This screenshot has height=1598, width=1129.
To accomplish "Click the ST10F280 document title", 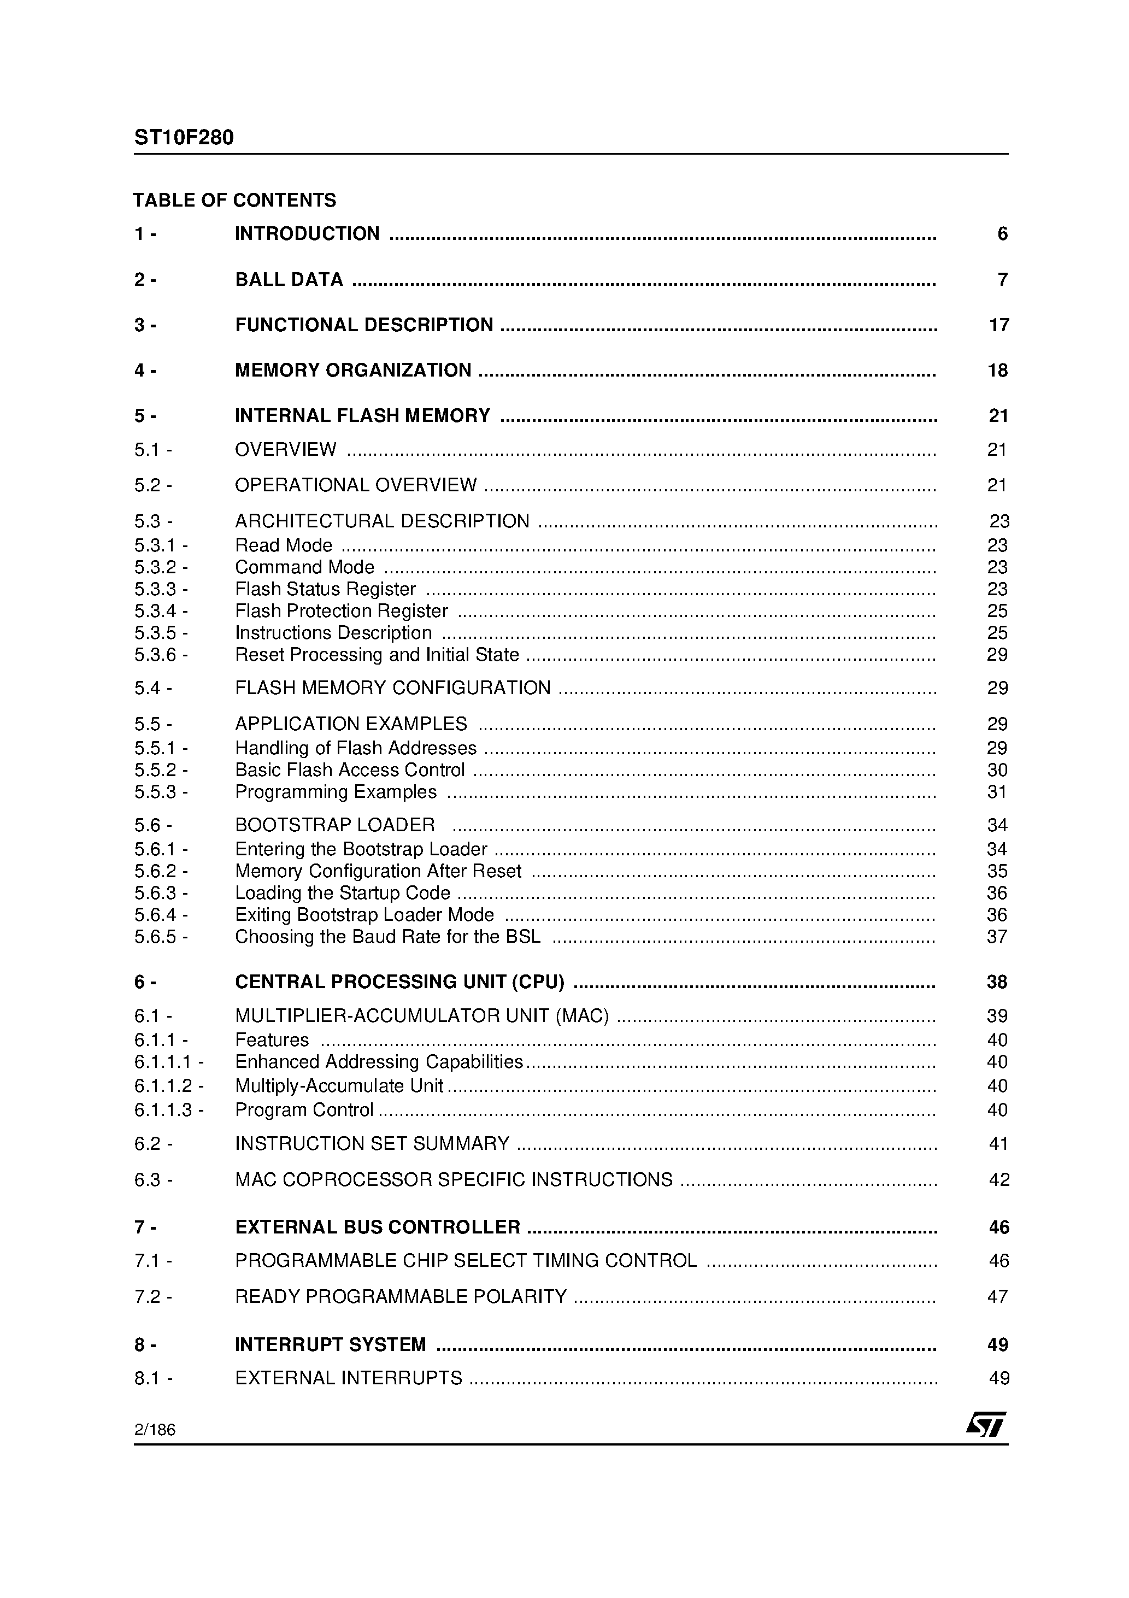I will click(x=184, y=138).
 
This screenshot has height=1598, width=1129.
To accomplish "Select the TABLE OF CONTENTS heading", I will click(x=234, y=201).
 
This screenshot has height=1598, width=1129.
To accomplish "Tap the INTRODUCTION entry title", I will click(x=307, y=234).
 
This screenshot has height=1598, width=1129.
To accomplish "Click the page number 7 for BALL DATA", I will click(x=1002, y=280).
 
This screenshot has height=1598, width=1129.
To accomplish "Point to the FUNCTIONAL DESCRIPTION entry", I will click(x=364, y=325).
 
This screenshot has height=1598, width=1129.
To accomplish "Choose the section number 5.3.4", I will click(x=160, y=611).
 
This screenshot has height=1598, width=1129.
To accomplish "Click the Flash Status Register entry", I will click(x=325, y=590).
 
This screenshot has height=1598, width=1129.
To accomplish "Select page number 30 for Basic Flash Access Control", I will click(x=997, y=770).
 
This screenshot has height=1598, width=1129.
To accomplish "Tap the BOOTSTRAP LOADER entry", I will click(x=335, y=825).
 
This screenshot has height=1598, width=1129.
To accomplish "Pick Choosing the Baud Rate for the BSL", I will click(x=387, y=937).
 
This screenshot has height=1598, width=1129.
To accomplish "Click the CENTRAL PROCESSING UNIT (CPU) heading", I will click(x=399, y=982).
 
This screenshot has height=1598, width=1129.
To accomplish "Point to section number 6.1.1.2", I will click(x=168, y=1086).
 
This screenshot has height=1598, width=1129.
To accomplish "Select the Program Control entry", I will click(x=304, y=1109).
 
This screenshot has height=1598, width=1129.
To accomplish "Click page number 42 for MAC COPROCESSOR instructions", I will click(x=999, y=1180).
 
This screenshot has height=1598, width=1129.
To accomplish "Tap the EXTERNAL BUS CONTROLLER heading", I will click(x=377, y=1227).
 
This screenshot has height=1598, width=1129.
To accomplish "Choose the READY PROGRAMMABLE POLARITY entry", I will click(x=401, y=1297).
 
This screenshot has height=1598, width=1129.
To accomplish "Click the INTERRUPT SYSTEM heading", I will click(x=330, y=1344).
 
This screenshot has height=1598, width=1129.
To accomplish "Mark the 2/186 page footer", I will click(x=155, y=1430).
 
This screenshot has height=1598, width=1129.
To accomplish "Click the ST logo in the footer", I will click(x=986, y=1424).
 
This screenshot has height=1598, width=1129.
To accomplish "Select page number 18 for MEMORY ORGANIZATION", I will click(x=997, y=371).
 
